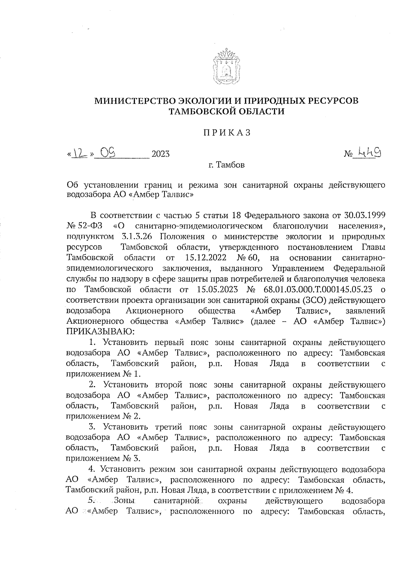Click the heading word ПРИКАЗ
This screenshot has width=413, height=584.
point(226,133)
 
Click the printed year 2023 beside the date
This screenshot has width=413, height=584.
point(160,154)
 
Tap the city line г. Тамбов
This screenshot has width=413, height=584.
point(226,165)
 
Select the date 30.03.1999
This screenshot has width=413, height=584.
point(365,216)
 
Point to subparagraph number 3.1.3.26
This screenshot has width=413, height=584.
point(138,237)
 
